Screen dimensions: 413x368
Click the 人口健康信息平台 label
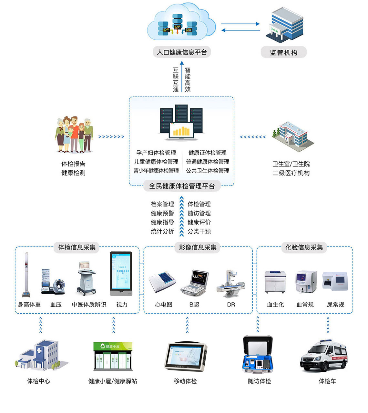click(x=182, y=52)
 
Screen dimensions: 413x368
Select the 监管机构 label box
click(x=283, y=52)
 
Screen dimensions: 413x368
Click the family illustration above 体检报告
click(x=74, y=134)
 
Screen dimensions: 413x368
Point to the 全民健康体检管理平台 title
click(x=182, y=186)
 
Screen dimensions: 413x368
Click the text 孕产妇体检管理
click(x=156, y=153)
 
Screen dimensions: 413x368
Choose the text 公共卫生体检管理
click(x=208, y=171)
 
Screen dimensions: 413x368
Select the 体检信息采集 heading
click(x=77, y=247)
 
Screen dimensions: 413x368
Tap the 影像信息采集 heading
click(x=198, y=247)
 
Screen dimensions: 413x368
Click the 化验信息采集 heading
click(x=304, y=247)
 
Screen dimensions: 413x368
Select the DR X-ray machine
click(x=231, y=284)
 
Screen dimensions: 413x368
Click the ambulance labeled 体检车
click(x=324, y=356)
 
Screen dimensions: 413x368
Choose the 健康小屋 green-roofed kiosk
click(x=113, y=356)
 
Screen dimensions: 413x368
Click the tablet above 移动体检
click(x=186, y=357)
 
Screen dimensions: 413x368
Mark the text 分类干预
click(x=199, y=231)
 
